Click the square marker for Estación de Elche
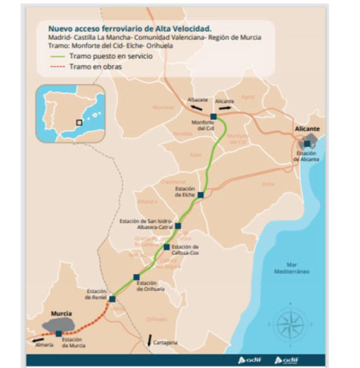200,195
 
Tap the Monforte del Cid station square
214,116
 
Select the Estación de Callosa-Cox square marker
166,247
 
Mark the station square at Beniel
112,299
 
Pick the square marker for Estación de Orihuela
136,276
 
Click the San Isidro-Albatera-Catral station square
178,226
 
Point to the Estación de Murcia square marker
59,333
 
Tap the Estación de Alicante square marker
307,144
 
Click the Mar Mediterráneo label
290,267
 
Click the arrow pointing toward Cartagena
149,340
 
